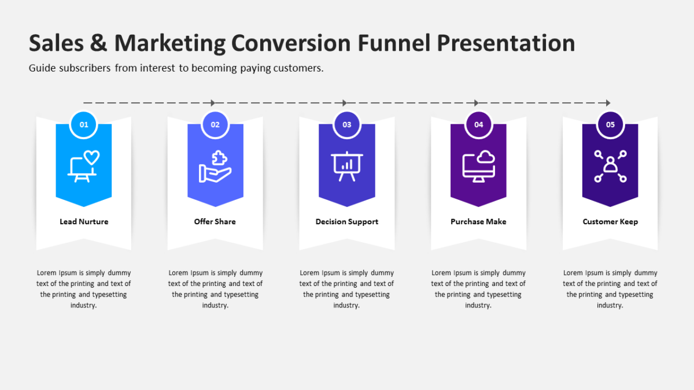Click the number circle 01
point(84,124)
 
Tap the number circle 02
point(215,124)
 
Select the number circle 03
point(347,124)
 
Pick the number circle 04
point(479,124)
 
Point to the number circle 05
point(610,124)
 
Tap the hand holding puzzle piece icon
point(215,166)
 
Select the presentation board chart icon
point(347,166)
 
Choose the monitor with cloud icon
point(479,166)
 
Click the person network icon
point(610,166)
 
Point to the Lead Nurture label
point(84,222)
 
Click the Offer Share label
point(215,222)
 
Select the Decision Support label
point(347,222)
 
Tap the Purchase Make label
point(479,222)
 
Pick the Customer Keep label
point(610,222)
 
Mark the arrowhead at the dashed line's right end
point(607,103)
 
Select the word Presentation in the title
point(505,44)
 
